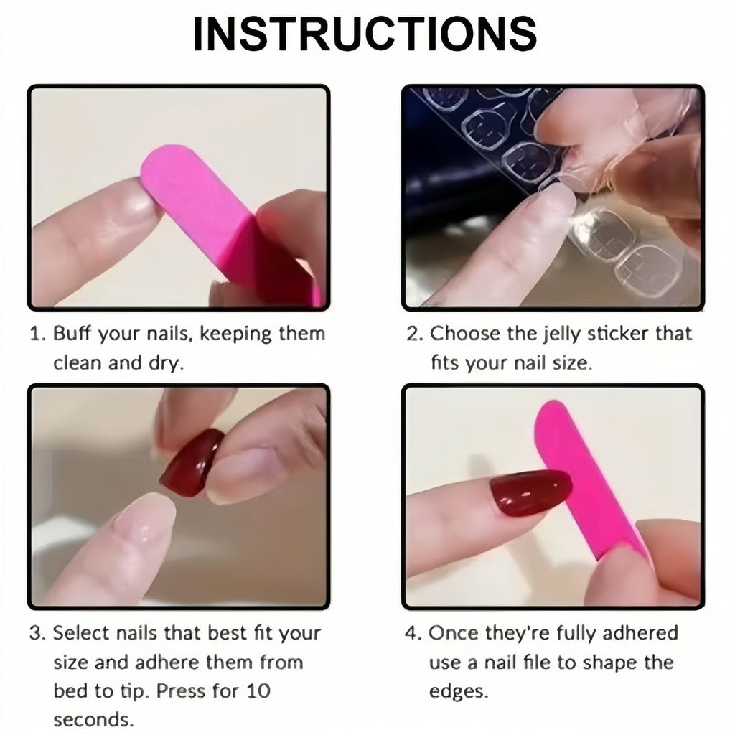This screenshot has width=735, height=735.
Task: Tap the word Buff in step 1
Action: pyautogui.click(x=73, y=334)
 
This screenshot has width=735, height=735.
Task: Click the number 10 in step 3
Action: pyautogui.click(x=256, y=690)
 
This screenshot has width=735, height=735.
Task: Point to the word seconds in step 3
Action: pyautogui.click(x=92, y=718)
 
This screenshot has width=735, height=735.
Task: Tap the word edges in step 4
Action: pyautogui.click(x=459, y=690)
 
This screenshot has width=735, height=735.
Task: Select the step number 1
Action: pyautogui.click(x=36, y=334)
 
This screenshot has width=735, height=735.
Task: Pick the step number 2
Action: pyautogui.click(x=413, y=334)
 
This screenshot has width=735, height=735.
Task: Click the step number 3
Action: pyautogui.click(x=37, y=634)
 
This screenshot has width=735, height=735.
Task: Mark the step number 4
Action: pyautogui.click(x=413, y=634)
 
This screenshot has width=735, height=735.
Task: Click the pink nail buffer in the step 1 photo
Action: pyautogui.click(x=208, y=208)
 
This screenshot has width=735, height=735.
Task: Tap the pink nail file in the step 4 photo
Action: pyautogui.click(x=581, y=481)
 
